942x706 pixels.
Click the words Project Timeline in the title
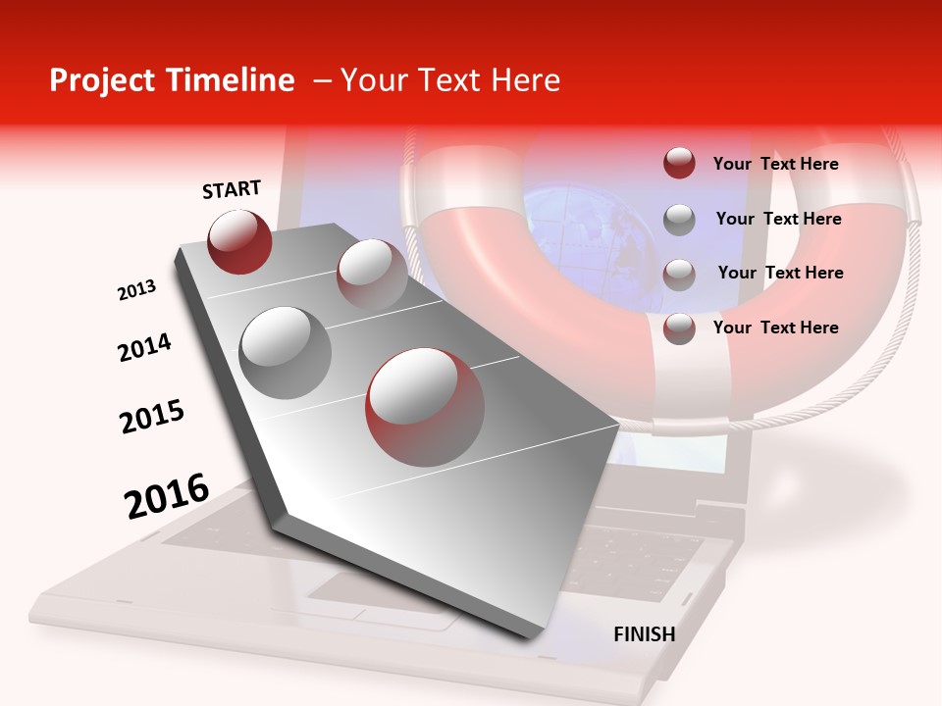[172, 80]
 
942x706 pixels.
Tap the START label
[232, 189]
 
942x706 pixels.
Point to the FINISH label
[644, 634]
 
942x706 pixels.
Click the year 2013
[136, 290]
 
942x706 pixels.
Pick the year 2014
[144, 347]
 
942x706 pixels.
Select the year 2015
[152, 416]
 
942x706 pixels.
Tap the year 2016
[167, 495]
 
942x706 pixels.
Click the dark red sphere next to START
[239, 241]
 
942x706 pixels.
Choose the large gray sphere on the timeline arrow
[286, 353]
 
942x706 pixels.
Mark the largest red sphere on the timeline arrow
[424, 407]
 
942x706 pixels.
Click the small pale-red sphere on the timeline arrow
[372, 274]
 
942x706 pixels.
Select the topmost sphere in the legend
[679, 163]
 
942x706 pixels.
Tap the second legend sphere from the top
[679, 220]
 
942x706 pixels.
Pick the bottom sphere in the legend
[679, 328]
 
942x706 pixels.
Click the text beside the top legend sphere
[775, 164]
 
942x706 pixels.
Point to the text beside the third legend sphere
[780, 273]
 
